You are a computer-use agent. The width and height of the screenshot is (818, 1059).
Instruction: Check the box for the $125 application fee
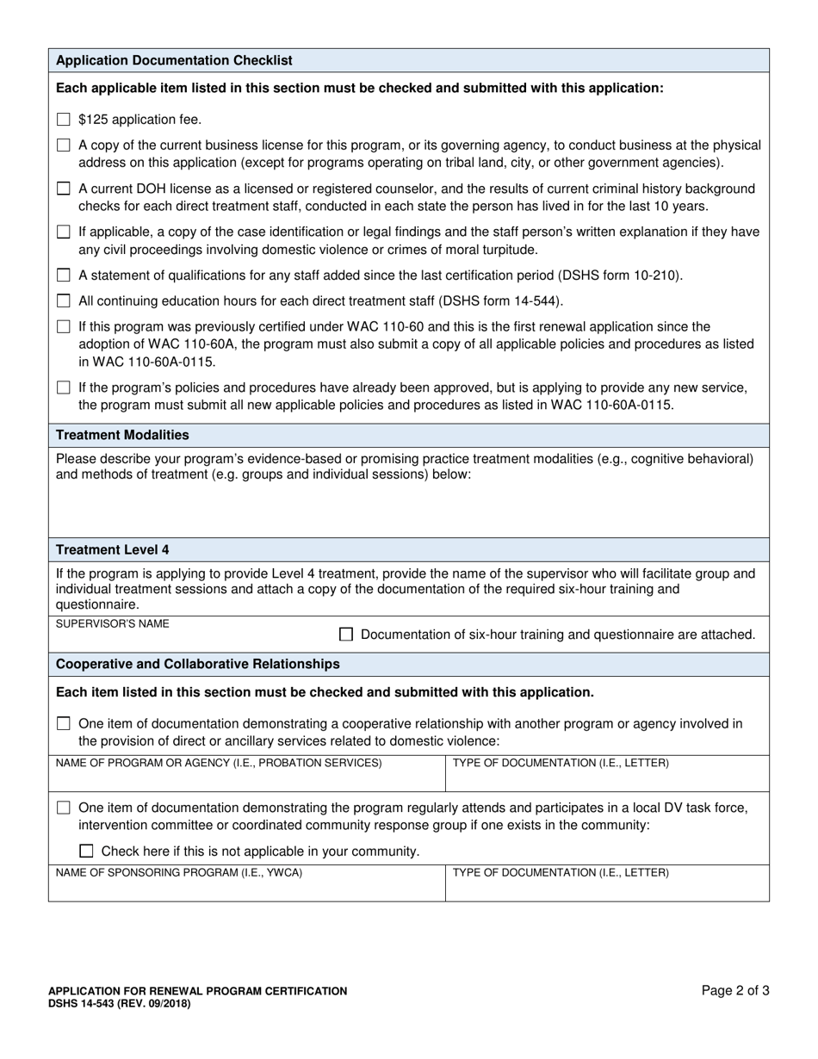coord(63,120)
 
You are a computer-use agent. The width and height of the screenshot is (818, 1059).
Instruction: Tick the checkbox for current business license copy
coord(63,146)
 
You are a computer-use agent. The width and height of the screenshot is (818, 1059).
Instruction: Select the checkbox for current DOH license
coord(63,189)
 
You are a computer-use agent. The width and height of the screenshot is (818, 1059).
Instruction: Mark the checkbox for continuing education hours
coord(63,300)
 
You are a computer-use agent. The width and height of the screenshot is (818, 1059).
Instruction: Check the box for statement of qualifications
coord(63,276)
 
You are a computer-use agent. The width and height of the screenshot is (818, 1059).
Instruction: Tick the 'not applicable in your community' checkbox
coord(86,852)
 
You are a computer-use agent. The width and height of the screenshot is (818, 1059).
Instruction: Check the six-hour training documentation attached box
coord(346,635)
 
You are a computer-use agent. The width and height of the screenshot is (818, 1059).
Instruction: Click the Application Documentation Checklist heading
coord(174,60)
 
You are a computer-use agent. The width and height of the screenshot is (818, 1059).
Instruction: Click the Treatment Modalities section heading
coord(122,435)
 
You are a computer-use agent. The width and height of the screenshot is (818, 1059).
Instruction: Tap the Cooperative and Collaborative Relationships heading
coord(197,664)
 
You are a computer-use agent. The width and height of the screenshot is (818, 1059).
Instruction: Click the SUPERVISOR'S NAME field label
coord(112,623)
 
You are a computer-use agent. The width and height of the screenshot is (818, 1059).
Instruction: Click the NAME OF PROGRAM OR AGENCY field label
coord(219,763)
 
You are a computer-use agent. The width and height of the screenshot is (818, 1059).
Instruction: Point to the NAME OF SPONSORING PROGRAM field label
coord(179,872)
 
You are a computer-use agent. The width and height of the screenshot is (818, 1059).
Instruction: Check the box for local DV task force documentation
coord(63,808)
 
